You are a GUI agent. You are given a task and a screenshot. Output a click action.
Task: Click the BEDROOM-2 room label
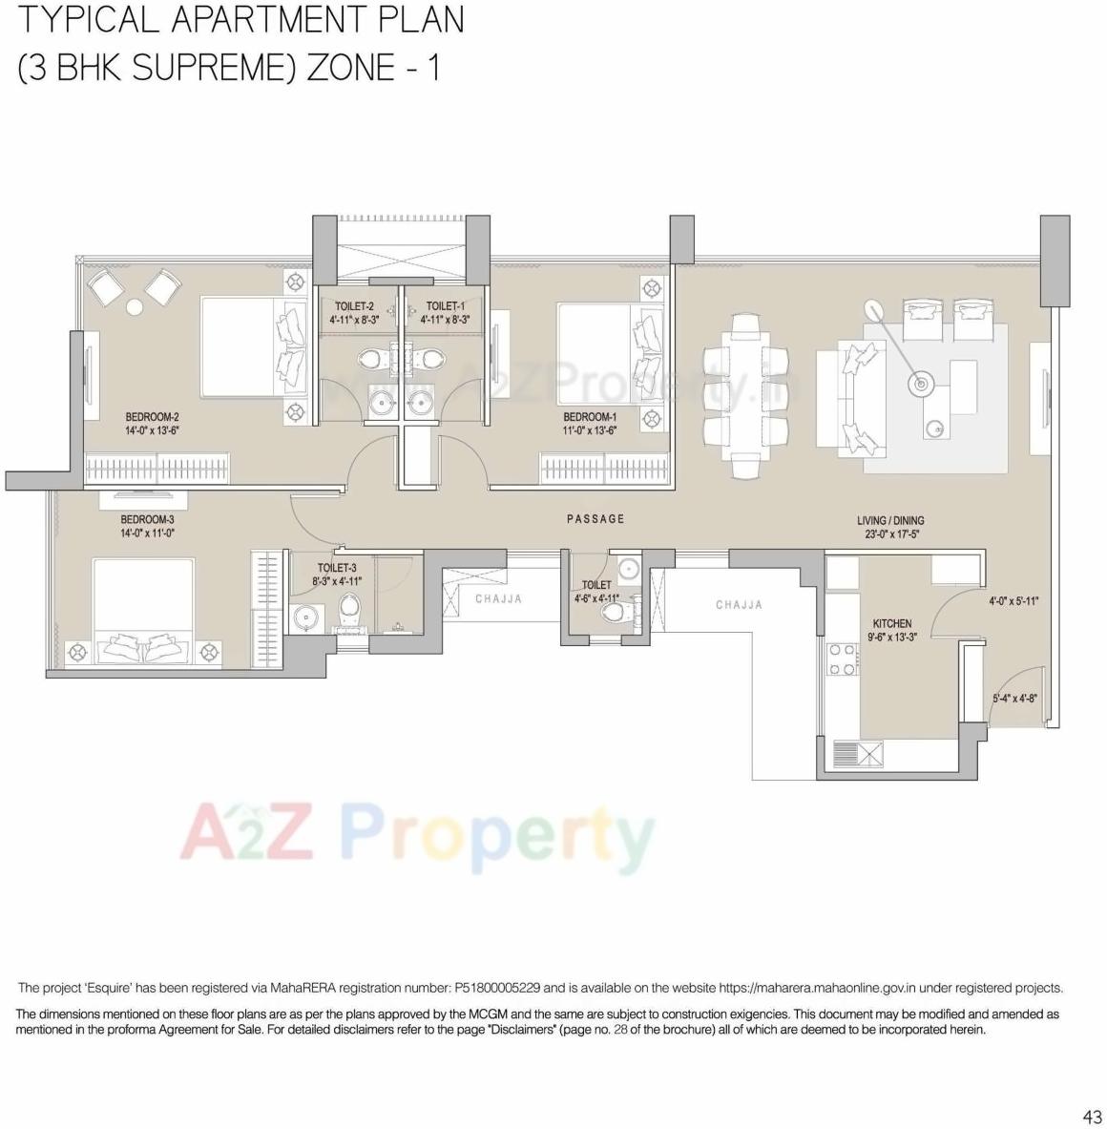pos(152,417)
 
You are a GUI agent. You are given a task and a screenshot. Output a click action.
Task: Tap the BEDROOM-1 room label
pos(590,417)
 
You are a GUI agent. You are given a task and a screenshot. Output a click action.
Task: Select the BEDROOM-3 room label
pos(147,520)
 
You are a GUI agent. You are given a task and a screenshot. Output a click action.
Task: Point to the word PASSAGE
pos(595,519)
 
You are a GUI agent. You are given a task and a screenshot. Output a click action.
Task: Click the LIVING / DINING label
pos(890,521)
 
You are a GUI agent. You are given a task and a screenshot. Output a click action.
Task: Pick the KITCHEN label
pos(892,624)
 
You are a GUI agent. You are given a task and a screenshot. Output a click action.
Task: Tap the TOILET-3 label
pos(337,568)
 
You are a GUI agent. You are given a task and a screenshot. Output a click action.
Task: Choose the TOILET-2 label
pos(354,306)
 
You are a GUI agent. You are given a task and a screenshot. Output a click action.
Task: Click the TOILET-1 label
pos(446,306)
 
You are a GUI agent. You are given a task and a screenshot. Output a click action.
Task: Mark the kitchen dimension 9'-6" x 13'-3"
pos(892,637)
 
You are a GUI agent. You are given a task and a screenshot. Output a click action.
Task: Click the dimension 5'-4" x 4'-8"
pos(1014,699)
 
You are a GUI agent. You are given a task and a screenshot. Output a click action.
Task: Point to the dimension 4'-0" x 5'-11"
pos(1013,602)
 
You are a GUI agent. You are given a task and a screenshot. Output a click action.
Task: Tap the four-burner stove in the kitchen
pos(843,659)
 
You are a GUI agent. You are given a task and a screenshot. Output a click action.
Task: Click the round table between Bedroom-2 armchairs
pos(135,307)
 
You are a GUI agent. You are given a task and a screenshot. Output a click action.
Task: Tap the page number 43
pos(1093,1117)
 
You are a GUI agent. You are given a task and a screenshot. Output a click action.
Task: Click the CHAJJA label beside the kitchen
pos(739,605)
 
